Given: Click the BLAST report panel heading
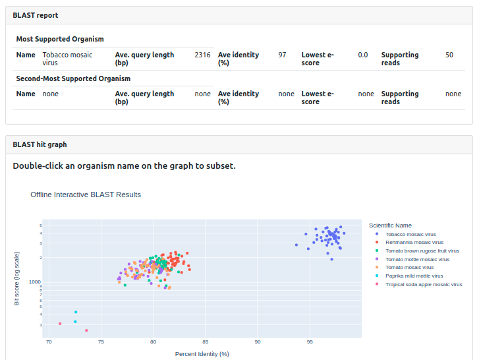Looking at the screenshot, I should point(36,15).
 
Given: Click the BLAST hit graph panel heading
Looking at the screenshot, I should point(40,144).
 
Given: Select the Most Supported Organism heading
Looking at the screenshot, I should point(60,40).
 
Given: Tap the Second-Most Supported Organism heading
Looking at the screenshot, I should point(73,78).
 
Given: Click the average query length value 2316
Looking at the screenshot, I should point(202,55).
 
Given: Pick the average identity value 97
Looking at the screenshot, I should point(282,55).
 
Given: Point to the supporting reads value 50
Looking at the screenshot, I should point(449,55).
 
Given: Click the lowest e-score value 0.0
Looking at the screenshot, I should point(363,55).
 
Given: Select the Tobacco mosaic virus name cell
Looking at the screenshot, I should point(67,59).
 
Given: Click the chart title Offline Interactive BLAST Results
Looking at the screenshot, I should point(86,195).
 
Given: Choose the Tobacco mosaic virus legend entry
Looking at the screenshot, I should point(410,234).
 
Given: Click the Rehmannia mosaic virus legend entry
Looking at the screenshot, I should point(414,243).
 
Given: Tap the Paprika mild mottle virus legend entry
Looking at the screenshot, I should point(414,276).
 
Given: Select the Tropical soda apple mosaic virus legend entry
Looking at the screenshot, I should point(424,285).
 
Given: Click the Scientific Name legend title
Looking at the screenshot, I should point(390,225).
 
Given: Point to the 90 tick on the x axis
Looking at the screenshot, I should point(258,342).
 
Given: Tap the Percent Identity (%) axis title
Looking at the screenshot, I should point(202,354).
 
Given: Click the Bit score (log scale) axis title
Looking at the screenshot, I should point(17,278).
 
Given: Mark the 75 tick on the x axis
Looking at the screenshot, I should point(101,342).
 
